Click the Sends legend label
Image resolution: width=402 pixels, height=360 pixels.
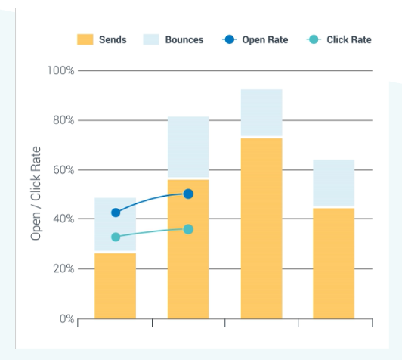tap(113, 39)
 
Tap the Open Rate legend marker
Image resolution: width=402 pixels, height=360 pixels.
tap(228, 39)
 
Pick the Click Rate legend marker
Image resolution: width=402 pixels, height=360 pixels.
tap(313, 39)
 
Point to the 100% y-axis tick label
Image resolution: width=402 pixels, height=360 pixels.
tap(60, 70)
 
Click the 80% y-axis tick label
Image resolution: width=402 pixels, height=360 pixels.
tap(63, 120)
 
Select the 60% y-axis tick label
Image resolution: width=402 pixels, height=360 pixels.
tap(63, 170)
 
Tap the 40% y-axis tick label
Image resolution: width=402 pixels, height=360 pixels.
tap(63, 219)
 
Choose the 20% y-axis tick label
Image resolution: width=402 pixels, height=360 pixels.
tap(63, 269)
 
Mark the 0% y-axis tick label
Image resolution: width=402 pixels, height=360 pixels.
tap(66, 318)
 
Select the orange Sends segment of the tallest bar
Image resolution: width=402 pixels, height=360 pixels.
tap(261, 228)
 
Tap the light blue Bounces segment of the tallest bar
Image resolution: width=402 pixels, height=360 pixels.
tap(261, 113)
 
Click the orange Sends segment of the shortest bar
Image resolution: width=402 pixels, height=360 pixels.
tap(116, 285)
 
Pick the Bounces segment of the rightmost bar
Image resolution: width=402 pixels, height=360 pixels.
tap(334, 183)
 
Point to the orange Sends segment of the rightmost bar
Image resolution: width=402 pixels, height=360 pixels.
tap(334, 262)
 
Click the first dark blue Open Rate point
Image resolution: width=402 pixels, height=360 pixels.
tap(116, 213)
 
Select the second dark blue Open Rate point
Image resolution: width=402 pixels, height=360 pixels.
tap(188, 194)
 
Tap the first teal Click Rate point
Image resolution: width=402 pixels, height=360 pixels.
tap(116, 237)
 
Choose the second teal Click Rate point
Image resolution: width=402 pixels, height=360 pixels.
tap(188, 229)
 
